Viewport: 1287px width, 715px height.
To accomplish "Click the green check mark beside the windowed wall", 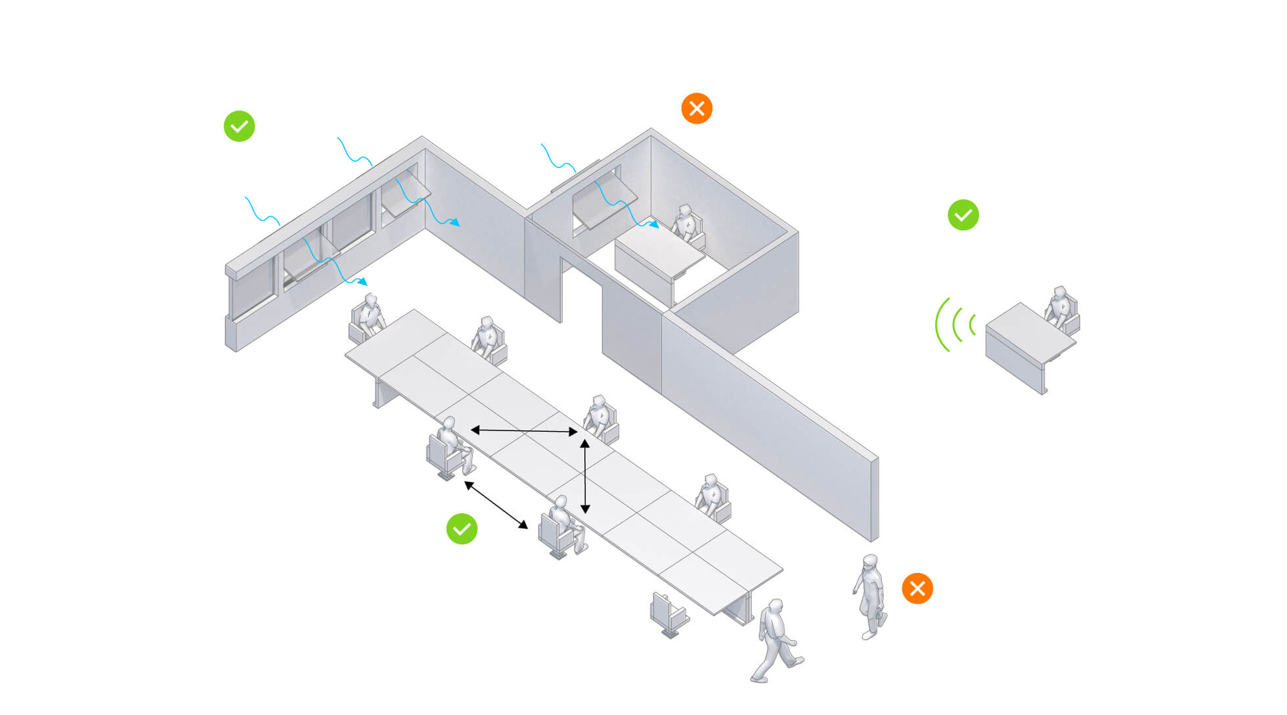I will pyautogui.click(x=239, y=126).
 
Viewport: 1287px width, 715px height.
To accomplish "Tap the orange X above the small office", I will pyautogui.click(x=697, y=108).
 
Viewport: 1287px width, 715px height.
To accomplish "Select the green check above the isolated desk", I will pyautogui.click(x=963, y=215).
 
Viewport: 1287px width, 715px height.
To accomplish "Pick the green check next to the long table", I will pyautogui.click(x=462, y=529).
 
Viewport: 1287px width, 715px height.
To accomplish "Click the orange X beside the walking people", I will pyautogui.click(x=917, y=588).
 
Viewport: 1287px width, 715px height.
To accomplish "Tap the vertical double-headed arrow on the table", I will pyautogui.click(x=585, y=477).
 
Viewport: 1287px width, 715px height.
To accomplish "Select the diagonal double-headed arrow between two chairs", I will pyautogui.click(x=496, y=505).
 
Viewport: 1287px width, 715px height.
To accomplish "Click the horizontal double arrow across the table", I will pyautogui.click(x=524, y=431).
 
